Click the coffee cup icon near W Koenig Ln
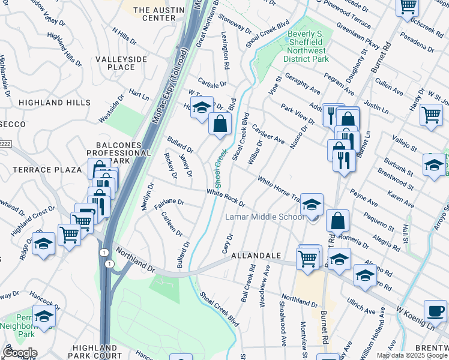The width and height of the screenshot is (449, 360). pyautogui.click(x=435, y=311)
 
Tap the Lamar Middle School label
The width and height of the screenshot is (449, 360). pyautogui.click(x=265, y=217)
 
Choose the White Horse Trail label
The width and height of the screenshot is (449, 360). pyautogui.click(x=278, y=188)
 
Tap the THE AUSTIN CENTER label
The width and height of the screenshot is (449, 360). pyautogui.click(x=154, y=14)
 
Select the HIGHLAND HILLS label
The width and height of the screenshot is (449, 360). pyautogui.click(x=54, y=103)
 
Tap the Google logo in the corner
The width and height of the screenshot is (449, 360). pyautogui.click(x=19, y=353)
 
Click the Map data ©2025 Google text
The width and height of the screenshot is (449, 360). pyautogui.click(x=411, y=355)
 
